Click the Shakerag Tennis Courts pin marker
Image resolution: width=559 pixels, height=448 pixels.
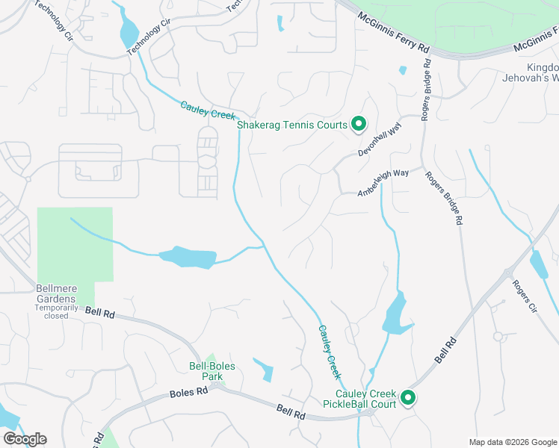(x=358, y=124)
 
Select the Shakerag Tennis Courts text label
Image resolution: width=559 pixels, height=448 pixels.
(x=292, y=125)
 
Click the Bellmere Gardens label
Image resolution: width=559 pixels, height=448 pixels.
(x=56, y=296)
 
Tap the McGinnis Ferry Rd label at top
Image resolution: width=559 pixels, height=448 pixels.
(x=393, y=32)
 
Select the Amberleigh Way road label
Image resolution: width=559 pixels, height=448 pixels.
(x=383, y=183)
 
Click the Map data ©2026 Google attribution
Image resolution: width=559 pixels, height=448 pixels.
(x=512, y=441)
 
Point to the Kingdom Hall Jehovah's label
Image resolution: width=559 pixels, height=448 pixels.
(x=543, y=72)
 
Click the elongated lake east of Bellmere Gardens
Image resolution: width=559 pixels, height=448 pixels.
(x=187, y=257)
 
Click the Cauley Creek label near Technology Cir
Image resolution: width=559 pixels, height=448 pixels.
(x=208, y=111)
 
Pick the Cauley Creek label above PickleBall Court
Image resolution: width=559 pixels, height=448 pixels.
(x=330, y=350)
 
